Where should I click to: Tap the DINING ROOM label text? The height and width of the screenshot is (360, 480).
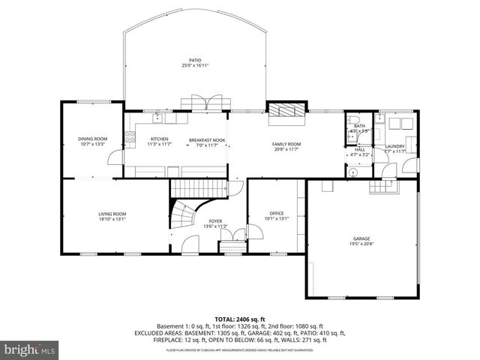point(93,139)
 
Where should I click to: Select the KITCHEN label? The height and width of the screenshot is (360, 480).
point(159,139)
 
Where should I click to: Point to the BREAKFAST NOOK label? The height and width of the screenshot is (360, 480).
point(207,140)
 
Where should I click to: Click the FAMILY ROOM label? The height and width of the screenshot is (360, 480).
point(286,143)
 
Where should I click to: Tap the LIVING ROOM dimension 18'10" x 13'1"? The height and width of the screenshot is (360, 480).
point(112,220)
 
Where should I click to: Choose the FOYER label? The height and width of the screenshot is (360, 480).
point(215,221)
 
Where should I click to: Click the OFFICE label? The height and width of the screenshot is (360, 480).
point(277,214)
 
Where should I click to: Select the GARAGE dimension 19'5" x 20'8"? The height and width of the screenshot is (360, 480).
point(361,244)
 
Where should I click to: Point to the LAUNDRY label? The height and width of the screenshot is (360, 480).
point(395,146)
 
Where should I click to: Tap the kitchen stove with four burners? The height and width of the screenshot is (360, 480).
point(129,137)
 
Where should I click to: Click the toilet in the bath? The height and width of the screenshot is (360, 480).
point(355,119)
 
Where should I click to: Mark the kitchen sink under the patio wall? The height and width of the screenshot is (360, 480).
point(158,118)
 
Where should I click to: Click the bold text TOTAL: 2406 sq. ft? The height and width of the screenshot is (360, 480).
point(240,319)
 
